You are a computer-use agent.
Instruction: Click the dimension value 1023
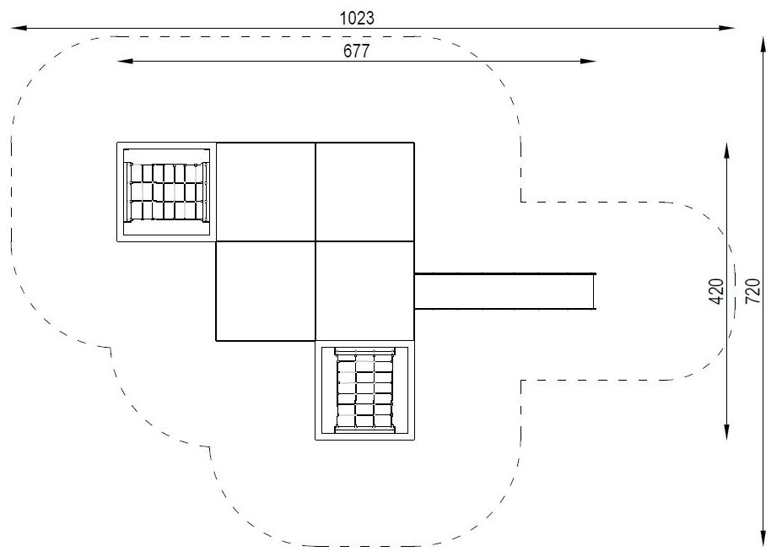coord(357,19)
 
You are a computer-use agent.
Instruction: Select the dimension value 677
coord(357,51)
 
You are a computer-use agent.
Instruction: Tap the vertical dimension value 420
coord(716,291)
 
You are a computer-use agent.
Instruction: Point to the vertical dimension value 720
coord(752,291)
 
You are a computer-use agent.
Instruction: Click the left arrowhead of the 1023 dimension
coord(19,29)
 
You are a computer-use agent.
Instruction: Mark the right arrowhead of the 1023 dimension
coord(726,29)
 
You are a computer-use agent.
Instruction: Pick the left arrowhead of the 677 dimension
coord(125,61)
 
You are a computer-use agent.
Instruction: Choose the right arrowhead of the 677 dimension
coord(588,61)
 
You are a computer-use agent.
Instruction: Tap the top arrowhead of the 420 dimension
coord(726,151)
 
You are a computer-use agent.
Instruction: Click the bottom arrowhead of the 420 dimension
coord(726,432)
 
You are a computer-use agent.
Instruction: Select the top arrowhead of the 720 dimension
coord(763,44)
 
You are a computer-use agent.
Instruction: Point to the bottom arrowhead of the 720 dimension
coord(763,538)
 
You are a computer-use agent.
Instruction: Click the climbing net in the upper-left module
coord(167,192)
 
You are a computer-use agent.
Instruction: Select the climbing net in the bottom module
coord(365,390)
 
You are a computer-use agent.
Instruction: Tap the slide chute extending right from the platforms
coord(505,291)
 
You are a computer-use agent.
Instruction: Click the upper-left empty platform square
coord(266,192)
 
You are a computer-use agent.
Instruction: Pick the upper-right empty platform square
coord(365,192)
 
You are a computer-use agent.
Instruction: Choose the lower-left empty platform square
coord(266,291)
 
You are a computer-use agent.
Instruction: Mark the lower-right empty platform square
coord(365,291)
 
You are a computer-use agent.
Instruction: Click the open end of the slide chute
coord(594,291)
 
